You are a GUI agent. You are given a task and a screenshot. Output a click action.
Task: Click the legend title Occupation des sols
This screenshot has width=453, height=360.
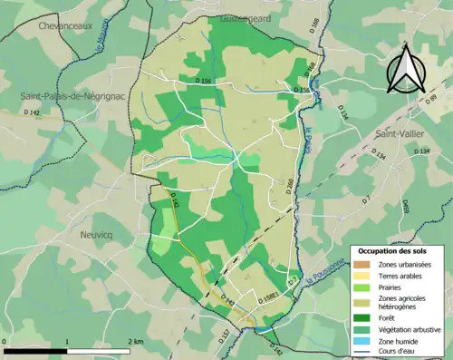pos(398,249)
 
